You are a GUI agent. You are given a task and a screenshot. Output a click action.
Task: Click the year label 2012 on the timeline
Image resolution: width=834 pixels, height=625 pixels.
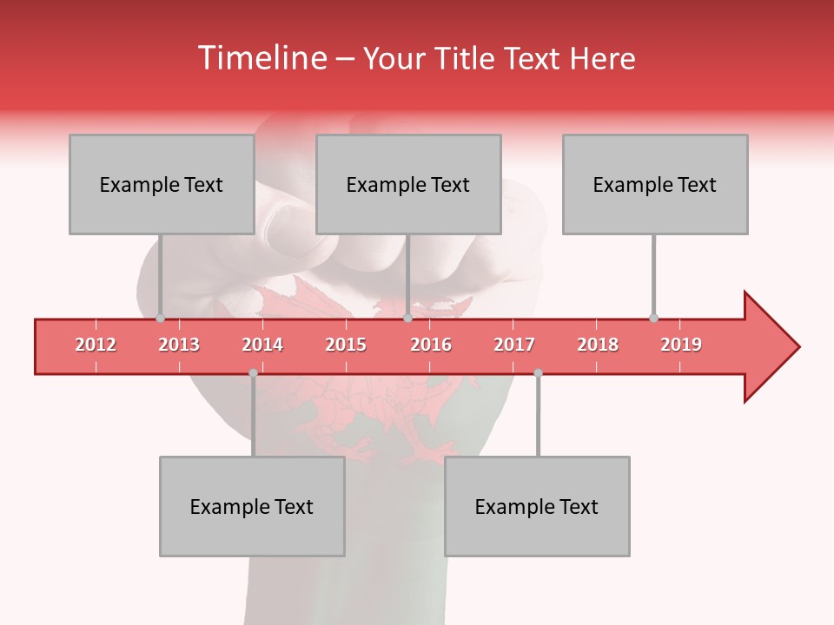(96, 345)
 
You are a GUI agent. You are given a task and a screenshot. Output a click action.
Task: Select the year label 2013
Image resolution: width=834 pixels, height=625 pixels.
(179, 345)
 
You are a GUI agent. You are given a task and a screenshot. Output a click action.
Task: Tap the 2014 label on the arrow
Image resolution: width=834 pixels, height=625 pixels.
(262, 345)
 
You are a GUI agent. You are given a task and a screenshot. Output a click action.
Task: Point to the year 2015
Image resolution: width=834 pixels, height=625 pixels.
(346, 345)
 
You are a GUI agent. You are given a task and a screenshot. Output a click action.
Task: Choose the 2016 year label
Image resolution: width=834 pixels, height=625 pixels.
(431, 345)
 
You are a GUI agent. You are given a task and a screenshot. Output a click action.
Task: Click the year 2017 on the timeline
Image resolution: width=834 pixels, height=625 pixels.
(514, 345)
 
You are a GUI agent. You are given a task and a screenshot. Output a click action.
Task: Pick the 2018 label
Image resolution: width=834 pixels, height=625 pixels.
(598, 345)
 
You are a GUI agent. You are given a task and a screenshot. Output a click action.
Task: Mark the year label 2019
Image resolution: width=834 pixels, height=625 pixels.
(681, 345)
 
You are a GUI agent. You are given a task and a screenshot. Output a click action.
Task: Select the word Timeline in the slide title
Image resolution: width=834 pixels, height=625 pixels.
(261, 58)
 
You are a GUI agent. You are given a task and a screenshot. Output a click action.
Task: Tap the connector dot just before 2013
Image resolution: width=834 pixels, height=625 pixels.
(160, 318)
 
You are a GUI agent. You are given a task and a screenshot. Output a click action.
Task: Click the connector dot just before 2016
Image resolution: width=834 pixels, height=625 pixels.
(408, 318)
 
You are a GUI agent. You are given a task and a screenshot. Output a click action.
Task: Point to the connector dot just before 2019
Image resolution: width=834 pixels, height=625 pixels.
(653, 318)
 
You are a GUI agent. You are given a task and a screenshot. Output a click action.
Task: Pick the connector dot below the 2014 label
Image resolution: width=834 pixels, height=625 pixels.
(253, 373)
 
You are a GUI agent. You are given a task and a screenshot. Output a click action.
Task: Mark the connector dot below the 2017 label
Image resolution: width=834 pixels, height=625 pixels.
(538, 373)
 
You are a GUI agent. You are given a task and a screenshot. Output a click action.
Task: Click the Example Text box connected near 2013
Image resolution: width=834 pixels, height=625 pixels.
(162, 184)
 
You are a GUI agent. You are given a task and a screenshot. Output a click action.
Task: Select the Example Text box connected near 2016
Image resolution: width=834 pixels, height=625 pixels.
(408, 184)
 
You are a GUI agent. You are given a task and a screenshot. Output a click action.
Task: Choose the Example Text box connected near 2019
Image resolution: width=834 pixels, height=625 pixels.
(655, 184)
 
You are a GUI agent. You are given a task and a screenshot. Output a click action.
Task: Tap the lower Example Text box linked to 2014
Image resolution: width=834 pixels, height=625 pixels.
(252, 506)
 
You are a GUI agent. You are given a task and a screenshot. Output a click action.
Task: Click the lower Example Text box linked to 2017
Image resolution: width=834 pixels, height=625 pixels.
(537, 506)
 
